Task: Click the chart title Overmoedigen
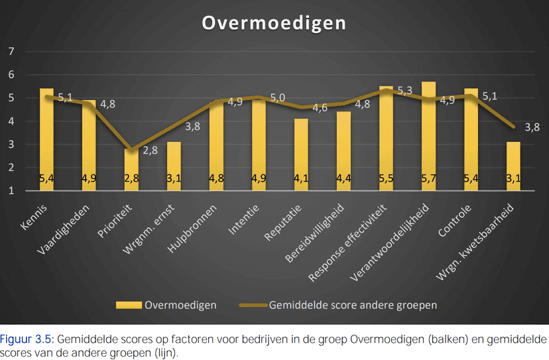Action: (x=274, y=23)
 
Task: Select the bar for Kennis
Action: (x=46, y=139)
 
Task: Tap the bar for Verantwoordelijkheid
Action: (x=428, y=136)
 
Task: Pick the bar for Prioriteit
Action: (x=131, y=170)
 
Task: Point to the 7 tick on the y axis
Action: (x=11, y=52)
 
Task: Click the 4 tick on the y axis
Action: (x=11, y=121)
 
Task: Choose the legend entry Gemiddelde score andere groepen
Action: (x=353, y=305)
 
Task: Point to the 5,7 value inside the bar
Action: (x=428, y=178)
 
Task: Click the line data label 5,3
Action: (x=405, y=90)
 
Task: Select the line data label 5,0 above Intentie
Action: (x=278, y=98)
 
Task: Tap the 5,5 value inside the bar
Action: (x=386, y=178)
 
